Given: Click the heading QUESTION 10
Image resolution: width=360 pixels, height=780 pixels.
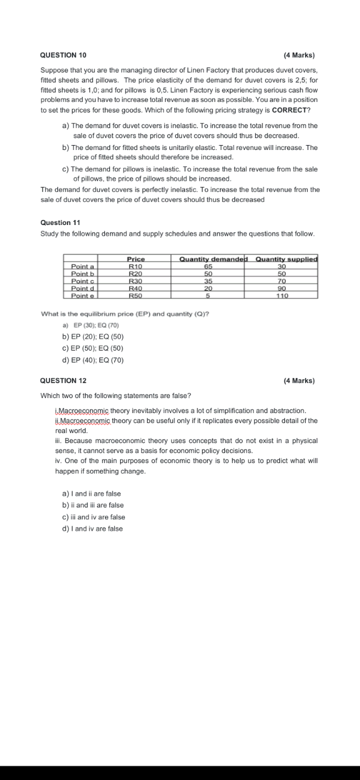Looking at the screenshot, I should [63, 55].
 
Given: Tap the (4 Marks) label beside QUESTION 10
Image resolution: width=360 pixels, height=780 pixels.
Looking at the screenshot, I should [299, 55].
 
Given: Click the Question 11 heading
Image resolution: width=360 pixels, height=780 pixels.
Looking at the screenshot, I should [60, 222].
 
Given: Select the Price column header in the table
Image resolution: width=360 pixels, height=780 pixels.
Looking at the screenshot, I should [136, 259].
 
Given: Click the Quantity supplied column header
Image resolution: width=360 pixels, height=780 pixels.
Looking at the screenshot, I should [286, 259].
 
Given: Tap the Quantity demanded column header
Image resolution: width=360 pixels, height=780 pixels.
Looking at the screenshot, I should [213, 259].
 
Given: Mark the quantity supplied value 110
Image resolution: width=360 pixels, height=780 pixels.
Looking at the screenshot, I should [282, 296].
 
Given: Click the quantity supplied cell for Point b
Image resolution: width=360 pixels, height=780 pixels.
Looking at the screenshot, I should [281, 274].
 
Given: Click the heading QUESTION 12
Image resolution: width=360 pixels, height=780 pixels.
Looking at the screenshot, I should [63, 381].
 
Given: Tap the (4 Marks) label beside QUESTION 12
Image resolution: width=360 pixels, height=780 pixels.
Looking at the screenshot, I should [299, 381].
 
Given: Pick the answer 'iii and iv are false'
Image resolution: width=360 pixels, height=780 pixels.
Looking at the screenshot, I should [93, 517].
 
